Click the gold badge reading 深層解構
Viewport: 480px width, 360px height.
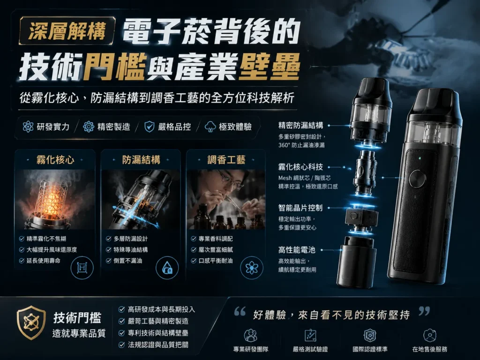(67, 30)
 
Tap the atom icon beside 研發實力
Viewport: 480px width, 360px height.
(28, 127)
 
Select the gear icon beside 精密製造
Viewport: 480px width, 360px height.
(89, 127)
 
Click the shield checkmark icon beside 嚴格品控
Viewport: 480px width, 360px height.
(149, 127)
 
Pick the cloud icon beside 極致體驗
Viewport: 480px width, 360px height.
(210, 127)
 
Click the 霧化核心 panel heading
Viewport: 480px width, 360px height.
(55, 159)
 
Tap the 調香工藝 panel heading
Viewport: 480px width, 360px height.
(226, 159)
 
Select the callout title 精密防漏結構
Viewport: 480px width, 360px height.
(300, 125)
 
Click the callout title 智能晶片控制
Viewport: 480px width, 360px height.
(300, 208)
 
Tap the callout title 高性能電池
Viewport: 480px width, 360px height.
(296, 250)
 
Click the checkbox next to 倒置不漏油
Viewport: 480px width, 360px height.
(108, 261)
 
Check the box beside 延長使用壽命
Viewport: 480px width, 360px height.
(22, 261)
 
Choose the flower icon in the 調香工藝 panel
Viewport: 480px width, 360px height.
(252, 268)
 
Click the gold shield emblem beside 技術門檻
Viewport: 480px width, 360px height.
(31, 322)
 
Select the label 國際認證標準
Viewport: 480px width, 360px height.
(370, 349)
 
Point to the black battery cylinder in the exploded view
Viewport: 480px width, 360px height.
(357, 262)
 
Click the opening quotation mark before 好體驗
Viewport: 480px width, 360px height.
(240, 311)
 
